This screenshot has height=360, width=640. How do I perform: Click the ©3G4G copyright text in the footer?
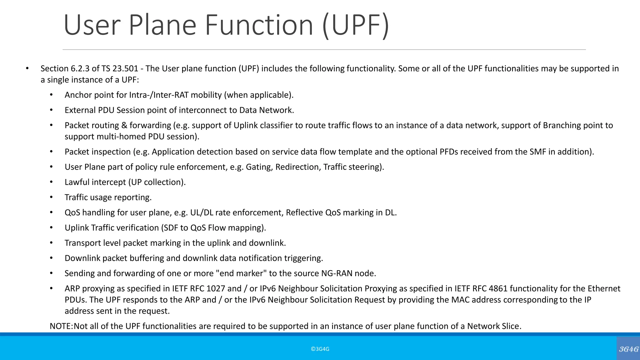click(320, 349)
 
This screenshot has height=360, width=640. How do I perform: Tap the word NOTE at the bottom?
click(61, 326)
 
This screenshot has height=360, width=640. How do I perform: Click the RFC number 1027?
click(216, 288)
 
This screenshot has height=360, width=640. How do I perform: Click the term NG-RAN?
click(337, 273)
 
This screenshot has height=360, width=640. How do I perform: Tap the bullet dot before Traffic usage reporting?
click(51, 197)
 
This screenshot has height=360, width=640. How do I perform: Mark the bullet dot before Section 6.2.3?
click(27, 68)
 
